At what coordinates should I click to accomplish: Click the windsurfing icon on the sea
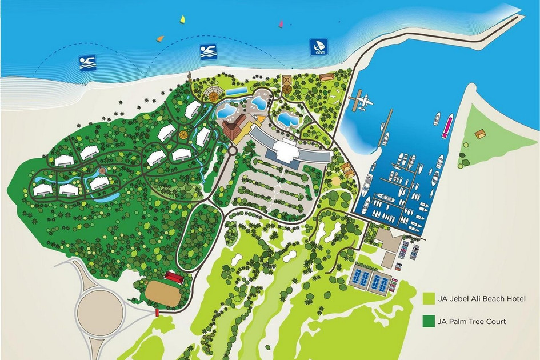click(318, 47)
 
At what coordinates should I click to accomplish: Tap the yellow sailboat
click(183, 19)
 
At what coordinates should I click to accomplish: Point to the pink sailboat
click(281, 24)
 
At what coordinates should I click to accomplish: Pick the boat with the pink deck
click(447, 126)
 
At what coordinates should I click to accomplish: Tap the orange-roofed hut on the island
click(481, 134)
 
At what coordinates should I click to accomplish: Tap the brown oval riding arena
click(162, 293)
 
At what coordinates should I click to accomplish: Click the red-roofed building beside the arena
click(174, 276)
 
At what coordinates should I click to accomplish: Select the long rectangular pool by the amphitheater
click(235, 91)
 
